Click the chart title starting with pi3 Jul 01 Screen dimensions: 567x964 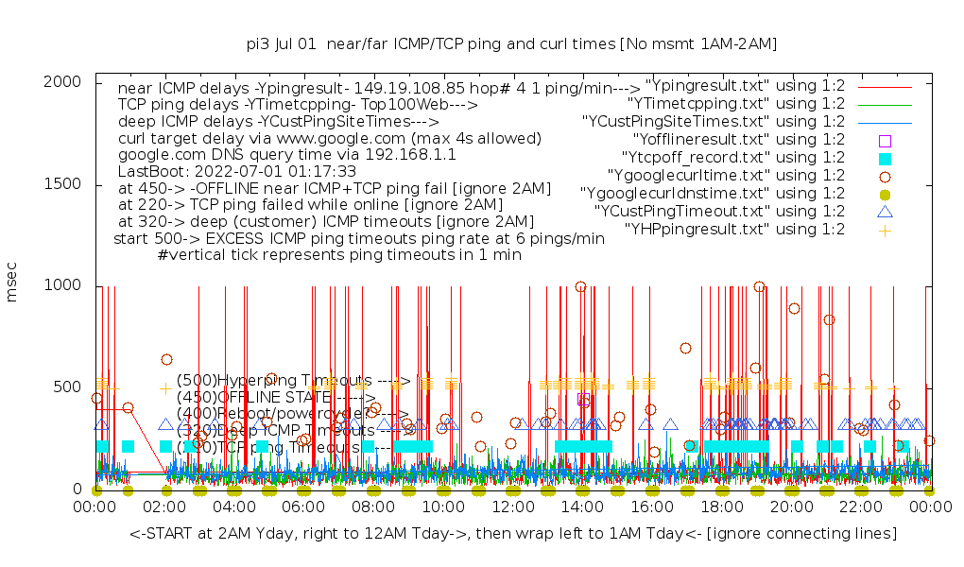(511, 43)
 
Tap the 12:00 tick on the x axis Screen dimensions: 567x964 (512, 508)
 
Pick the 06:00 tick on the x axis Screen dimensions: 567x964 (303, 508)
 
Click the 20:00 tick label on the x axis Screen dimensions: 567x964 (790, 508)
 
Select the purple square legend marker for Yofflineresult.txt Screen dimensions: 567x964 (885, 140)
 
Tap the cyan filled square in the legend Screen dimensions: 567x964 (885, 158)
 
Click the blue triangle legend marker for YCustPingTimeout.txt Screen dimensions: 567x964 (885, 212)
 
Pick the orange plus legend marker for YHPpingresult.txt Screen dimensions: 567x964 (885, 230)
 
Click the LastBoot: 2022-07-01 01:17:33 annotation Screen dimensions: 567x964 (237, 172)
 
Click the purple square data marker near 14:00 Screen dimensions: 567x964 (584, 400)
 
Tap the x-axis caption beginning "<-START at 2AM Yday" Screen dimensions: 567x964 (513, 535)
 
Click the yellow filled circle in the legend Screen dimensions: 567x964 (885, 194)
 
